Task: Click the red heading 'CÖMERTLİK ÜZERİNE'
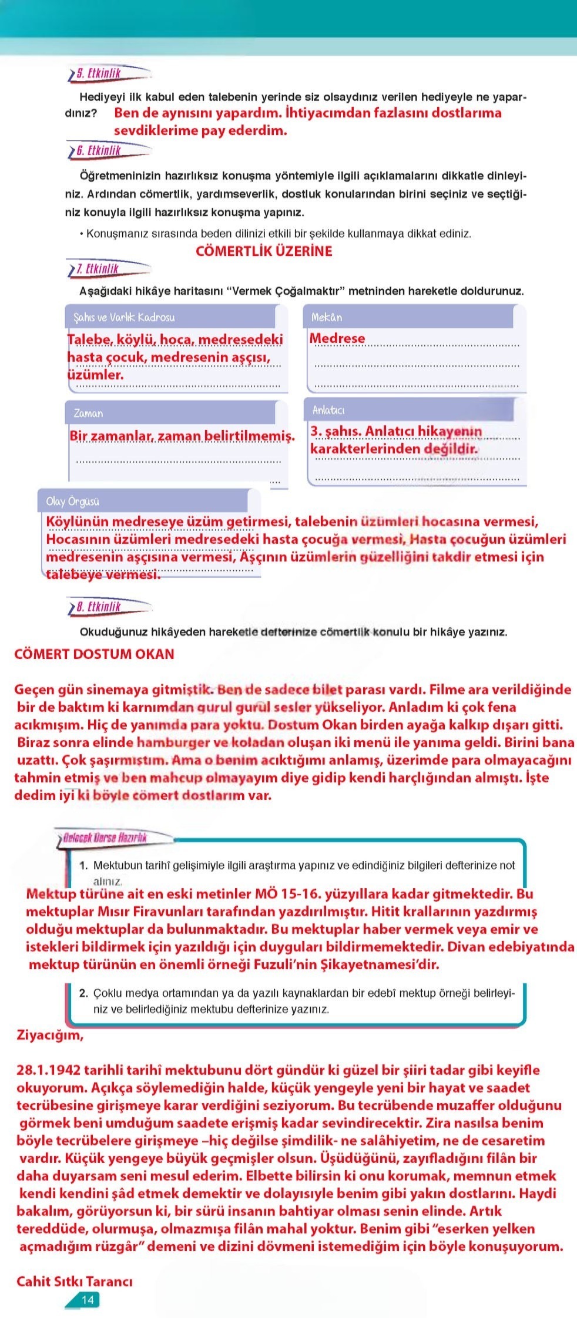click(264, 251)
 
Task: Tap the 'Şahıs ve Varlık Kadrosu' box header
click(124, 317)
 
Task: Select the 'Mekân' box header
click(327, 317)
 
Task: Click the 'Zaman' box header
click(88, 413)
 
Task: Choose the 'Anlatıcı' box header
click(328, 410)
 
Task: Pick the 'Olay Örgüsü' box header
click(73, 502)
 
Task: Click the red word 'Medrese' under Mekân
click(337, 338)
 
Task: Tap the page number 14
click(87, 1299)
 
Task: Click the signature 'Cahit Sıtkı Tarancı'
click(74, 1281)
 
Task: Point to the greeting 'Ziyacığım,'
click(50, 1034)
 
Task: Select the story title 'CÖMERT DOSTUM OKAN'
click(94, 654)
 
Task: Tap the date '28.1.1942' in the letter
click(49, 1070)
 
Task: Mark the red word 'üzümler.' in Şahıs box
click(95, 374)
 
